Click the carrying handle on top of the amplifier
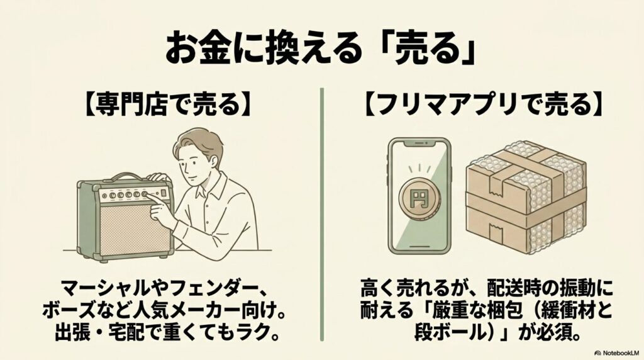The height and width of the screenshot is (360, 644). [127, 176]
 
